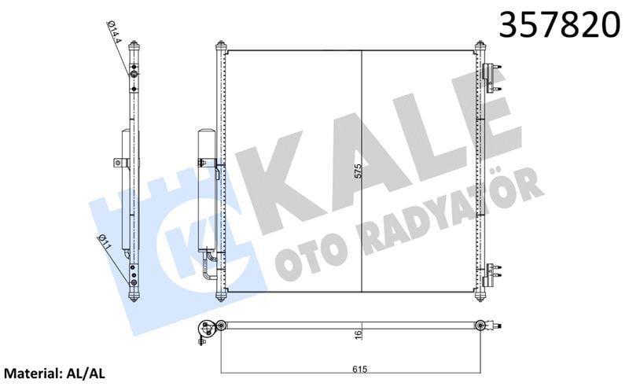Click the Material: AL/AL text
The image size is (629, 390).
57,371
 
